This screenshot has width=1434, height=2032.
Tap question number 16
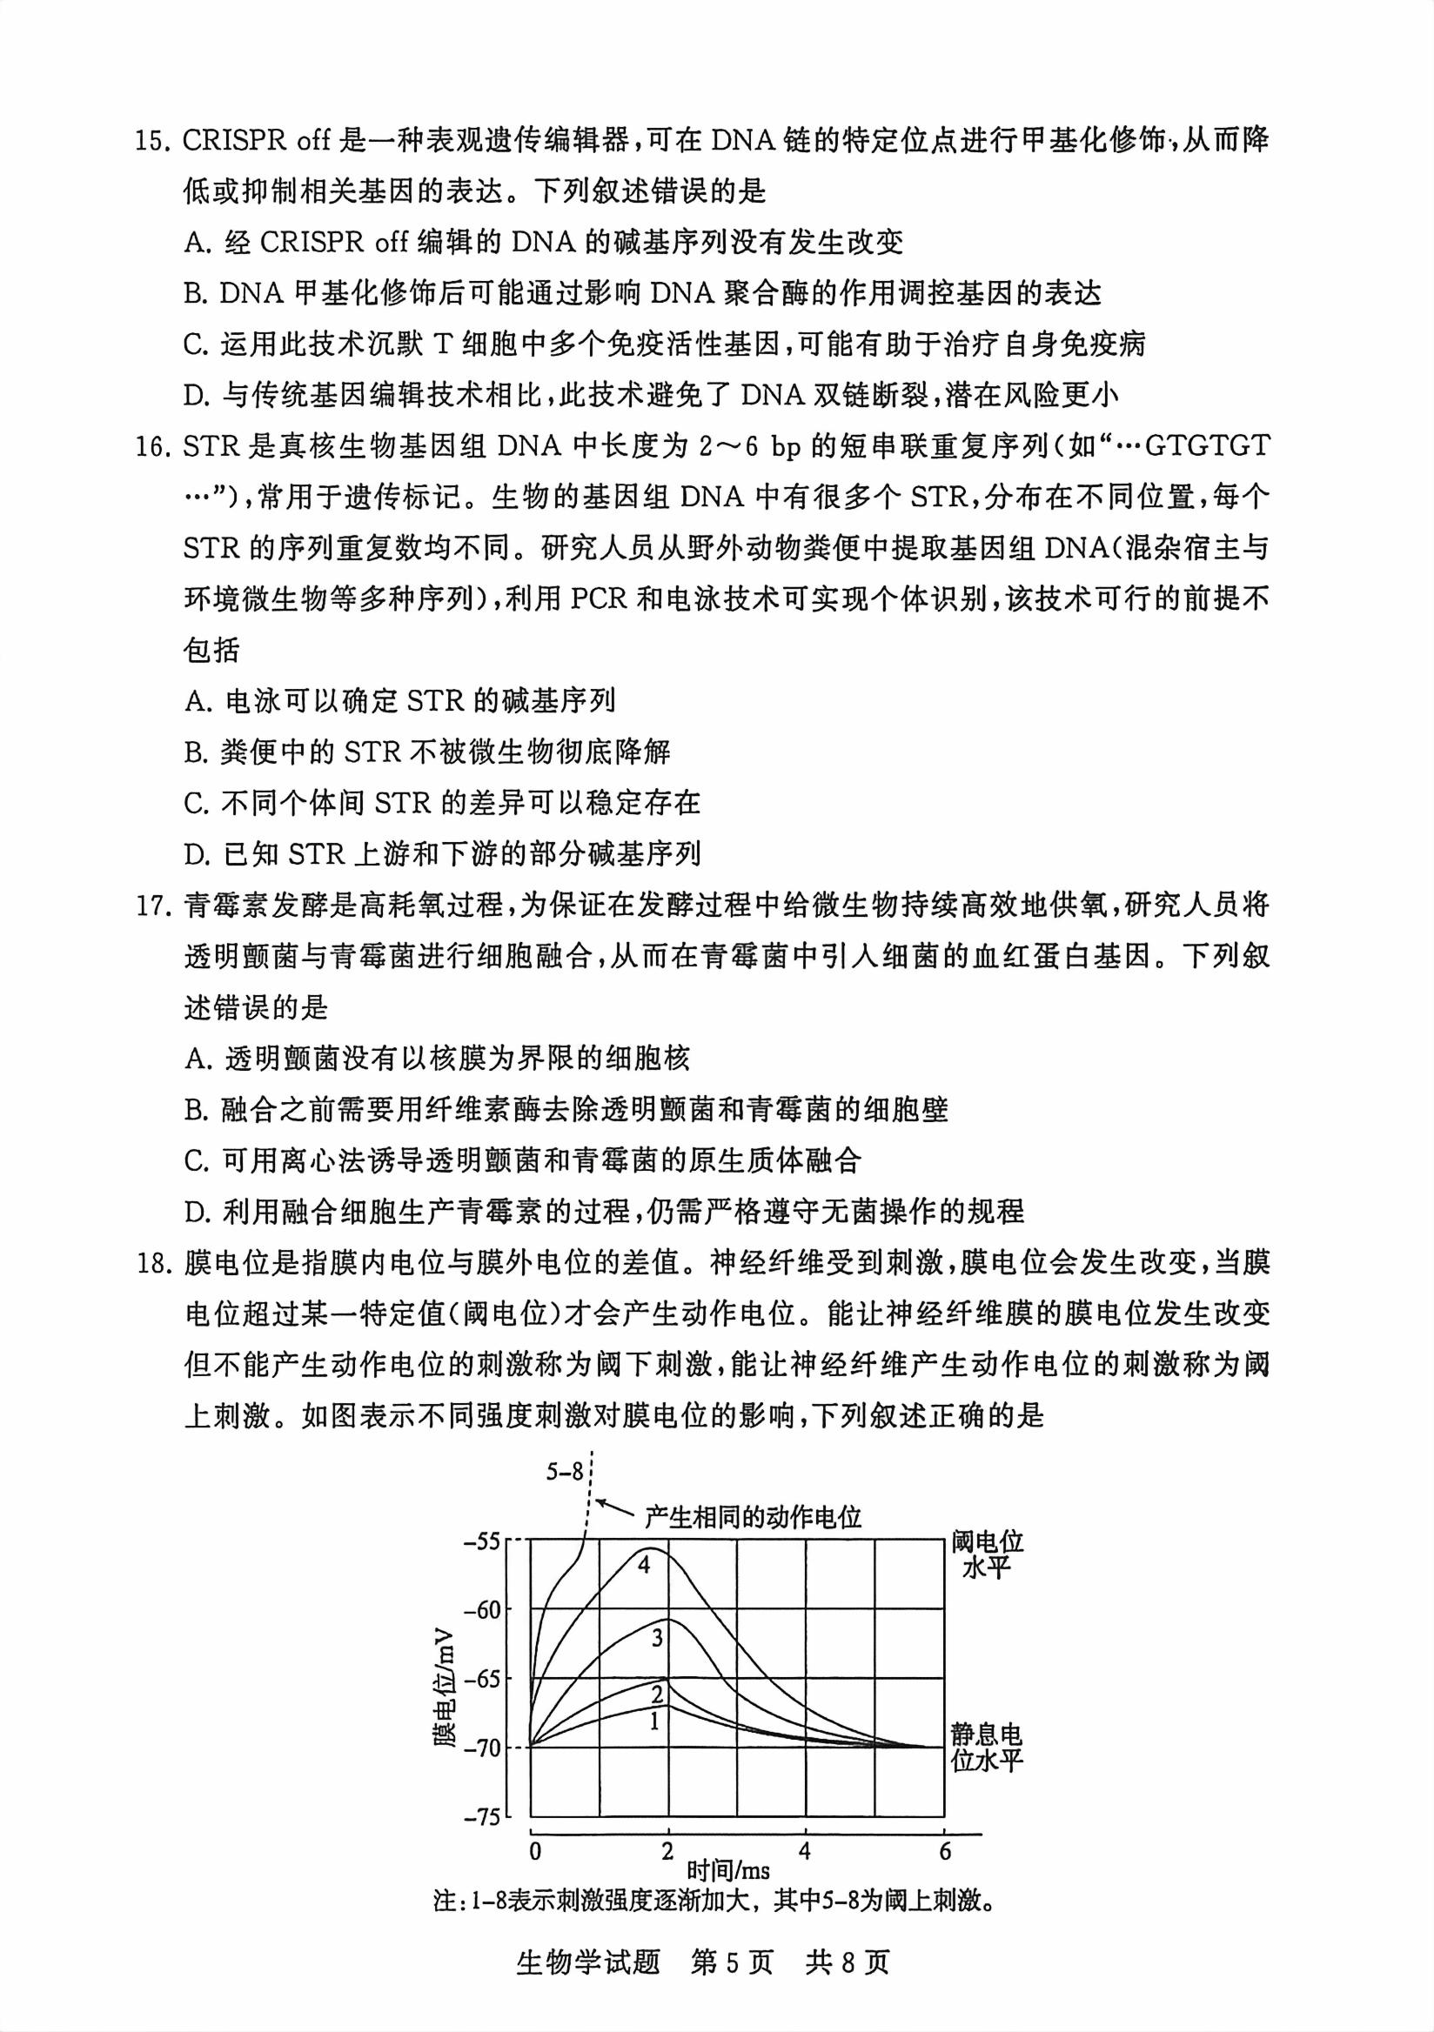(x=153, y=446)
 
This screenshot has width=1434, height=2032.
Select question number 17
(x=153, y=906)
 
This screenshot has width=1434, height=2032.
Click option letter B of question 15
(x=195, y=294)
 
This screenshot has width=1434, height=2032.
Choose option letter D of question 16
(x=195, y=854)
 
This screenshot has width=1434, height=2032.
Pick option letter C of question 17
(x=195, y=1160)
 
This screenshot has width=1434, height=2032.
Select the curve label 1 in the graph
(x=655, y=1721)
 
